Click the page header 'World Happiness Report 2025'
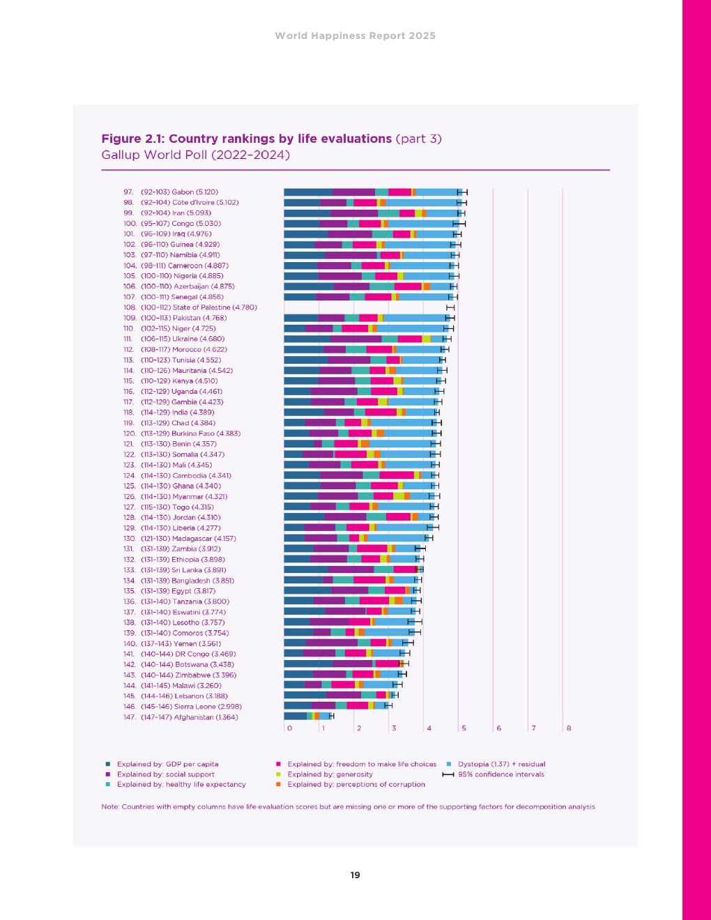[x=355, y=36]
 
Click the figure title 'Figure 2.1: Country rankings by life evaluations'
[x=247, y=139]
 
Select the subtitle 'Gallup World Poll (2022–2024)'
[x=195, y=155]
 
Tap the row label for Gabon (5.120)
[x=179, y=192]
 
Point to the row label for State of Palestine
[x=199, y=307]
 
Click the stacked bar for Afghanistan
[x=307, y=716]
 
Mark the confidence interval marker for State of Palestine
[x=450, y=307]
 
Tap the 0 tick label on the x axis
[x=289, y=728]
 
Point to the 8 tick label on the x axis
[x=569, y=728]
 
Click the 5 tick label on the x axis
[x=464, y=728]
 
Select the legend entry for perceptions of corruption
[x=355, y=784]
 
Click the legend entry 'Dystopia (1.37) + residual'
[x=501, y=764]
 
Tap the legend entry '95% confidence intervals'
[x=500, y=774]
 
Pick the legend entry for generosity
[x=330, y=774]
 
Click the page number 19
[x=355, y=875]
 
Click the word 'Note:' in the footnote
[x=110, y=806]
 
